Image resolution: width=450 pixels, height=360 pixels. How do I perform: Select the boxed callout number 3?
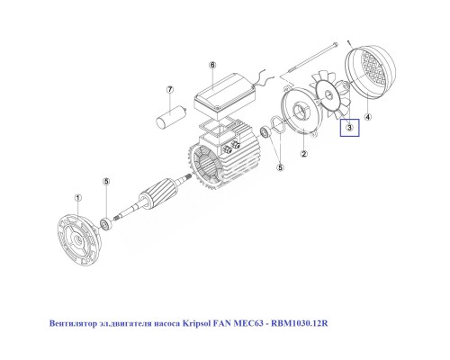(348, 130)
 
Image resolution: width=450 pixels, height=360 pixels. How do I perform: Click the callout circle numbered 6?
(212, 66)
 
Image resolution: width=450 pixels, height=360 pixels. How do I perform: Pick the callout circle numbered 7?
(168, 90)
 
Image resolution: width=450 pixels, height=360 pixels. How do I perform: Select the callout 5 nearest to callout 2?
(280, 166)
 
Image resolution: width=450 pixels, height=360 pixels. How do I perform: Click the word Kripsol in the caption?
(206, 321)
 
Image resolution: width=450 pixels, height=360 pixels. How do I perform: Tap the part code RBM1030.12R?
(307, 321)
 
